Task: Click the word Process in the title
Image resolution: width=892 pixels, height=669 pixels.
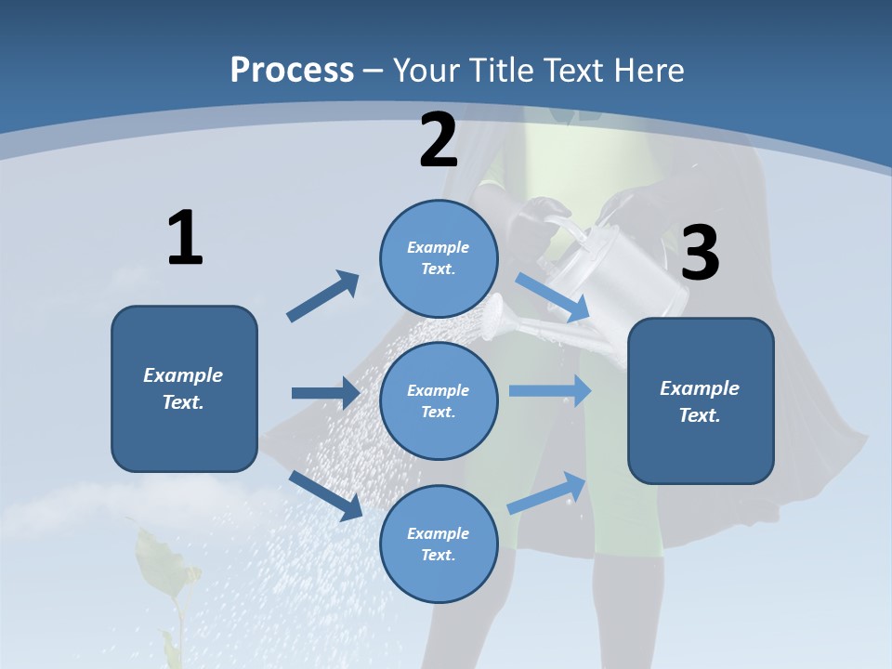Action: click(292, 70)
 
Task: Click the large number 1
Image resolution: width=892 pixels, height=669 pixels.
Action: click(185, 239)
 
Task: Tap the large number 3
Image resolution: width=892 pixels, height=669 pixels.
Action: click(701, 253)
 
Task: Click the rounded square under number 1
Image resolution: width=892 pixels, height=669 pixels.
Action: click(184, 388)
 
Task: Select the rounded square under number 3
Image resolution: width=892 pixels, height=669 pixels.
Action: click(701, 400)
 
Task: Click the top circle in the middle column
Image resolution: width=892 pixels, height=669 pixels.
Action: click(439, 258)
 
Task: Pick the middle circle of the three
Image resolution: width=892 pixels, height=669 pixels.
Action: click(439, 400)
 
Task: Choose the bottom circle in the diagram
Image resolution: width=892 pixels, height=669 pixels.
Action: click(439, 544)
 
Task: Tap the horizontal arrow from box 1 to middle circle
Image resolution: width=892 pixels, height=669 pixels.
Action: click(325, 393)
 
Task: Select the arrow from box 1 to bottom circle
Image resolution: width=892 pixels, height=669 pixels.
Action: click(325, 494)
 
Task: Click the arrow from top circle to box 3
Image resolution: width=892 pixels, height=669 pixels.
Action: click(552, 297)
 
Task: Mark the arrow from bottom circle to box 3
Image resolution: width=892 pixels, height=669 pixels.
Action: click(546, 493)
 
